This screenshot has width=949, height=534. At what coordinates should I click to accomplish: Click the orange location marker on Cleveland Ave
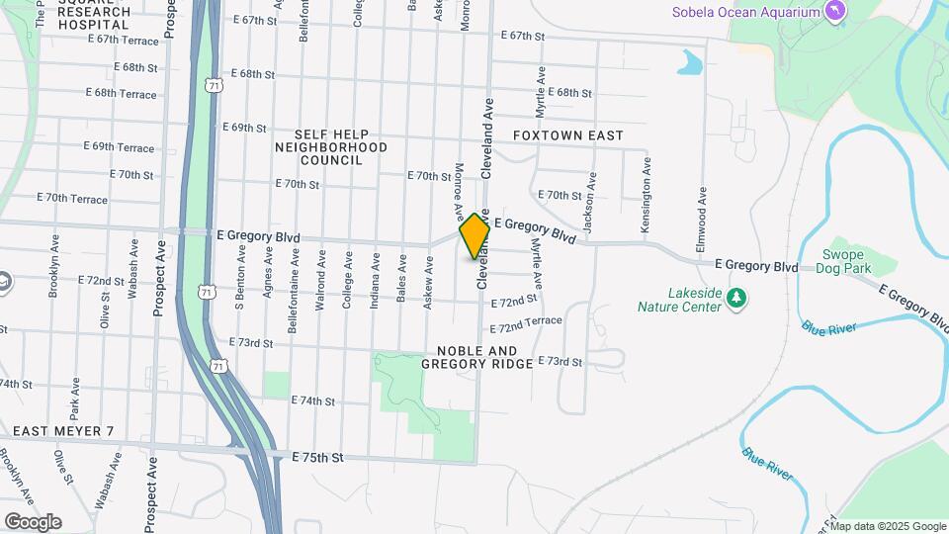tap(474, 235)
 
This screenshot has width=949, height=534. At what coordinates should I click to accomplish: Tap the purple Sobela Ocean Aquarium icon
tap(836, 12)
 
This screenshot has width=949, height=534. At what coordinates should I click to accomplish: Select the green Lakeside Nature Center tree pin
tap(735, 299)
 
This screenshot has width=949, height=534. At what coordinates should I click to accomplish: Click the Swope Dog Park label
tap(845, 261)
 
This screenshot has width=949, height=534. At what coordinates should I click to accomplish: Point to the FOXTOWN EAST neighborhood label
tap(568, 135)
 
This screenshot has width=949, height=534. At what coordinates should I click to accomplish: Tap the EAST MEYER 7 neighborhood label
tap(63, 431)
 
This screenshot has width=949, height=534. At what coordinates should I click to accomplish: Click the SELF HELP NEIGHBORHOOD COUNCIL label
tap(331, 146)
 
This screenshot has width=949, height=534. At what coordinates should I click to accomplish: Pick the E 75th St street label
tap(317, 458)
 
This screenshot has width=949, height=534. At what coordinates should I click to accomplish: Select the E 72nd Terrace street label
tap(525, 324)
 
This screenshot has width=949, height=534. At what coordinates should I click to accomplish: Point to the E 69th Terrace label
tap(122, 147)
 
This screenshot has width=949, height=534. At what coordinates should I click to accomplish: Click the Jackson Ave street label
tap(590, 202)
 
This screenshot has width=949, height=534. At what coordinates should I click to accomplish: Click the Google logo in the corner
tap(32, 521)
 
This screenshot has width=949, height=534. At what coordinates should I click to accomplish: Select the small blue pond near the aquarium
tap(690, 64)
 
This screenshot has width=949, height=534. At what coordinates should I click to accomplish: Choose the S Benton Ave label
tap(239, 280)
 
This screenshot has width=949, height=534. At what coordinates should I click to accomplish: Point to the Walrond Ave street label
tap(320, 287)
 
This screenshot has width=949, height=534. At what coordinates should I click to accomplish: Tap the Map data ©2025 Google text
tap(890, 526)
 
